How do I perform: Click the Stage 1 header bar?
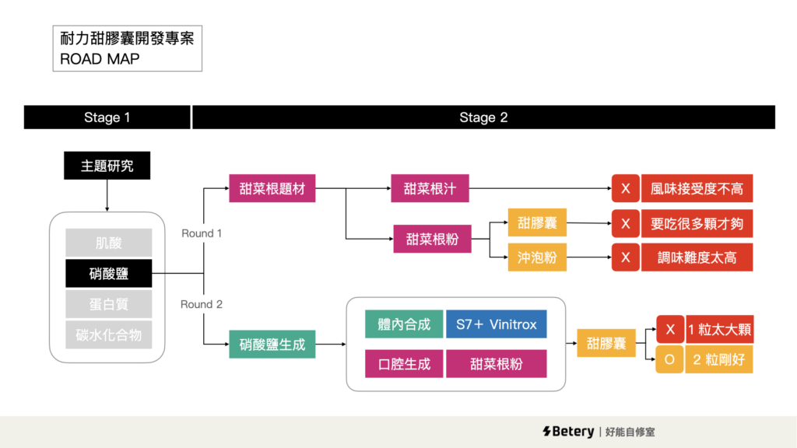click(107, 117)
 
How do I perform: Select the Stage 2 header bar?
click(483, 117)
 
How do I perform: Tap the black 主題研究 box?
click(107, 166)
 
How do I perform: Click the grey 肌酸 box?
click(108, 243)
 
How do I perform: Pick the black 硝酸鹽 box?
click(108, 274)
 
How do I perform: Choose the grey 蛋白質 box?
click(108, 304)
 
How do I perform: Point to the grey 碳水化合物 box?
click(108, 334)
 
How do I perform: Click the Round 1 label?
click(202, 233)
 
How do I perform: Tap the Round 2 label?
click(202, 304)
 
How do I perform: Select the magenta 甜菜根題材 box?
click(272, 189)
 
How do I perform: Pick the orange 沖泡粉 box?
click(537, 257)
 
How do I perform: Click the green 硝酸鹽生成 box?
click(272, 344)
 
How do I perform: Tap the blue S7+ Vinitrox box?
click(496, 324)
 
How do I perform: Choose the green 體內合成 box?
click(404, 324)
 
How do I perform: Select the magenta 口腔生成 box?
click(404, 363)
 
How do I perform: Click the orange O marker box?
click(669, 360)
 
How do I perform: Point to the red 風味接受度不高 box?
click(697, 189)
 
